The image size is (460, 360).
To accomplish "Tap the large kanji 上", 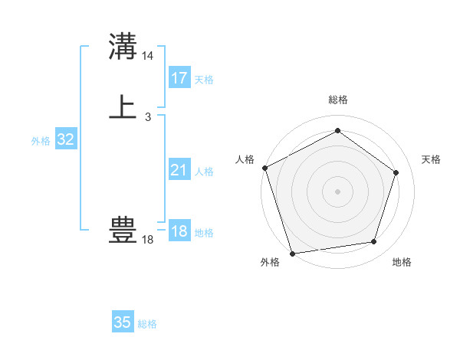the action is point(123,106).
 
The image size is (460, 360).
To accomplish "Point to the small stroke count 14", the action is point(148,56).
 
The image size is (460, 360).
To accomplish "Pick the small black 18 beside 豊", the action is point(148,240).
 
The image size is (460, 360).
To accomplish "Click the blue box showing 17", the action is point(179,78).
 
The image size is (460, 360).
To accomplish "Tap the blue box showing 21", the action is point(179,170).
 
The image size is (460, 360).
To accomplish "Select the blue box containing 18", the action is point(179,231).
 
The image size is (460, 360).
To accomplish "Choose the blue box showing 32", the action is point(66,139).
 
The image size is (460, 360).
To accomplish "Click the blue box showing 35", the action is point(123,322).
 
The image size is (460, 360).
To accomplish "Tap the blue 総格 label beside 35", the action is point(147,324).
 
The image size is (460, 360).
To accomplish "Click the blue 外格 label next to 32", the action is point(41,141).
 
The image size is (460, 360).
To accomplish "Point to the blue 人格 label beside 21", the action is point(205,172).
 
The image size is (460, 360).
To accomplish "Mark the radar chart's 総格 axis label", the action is point(337,100).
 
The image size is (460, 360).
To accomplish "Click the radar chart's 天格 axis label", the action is point(431,159).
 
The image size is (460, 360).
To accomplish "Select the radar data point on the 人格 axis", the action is point(264,168).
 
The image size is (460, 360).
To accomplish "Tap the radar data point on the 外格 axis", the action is point(292,253).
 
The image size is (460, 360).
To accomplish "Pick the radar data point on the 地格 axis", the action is point(374,242).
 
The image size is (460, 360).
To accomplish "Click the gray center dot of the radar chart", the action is point(337,191).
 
